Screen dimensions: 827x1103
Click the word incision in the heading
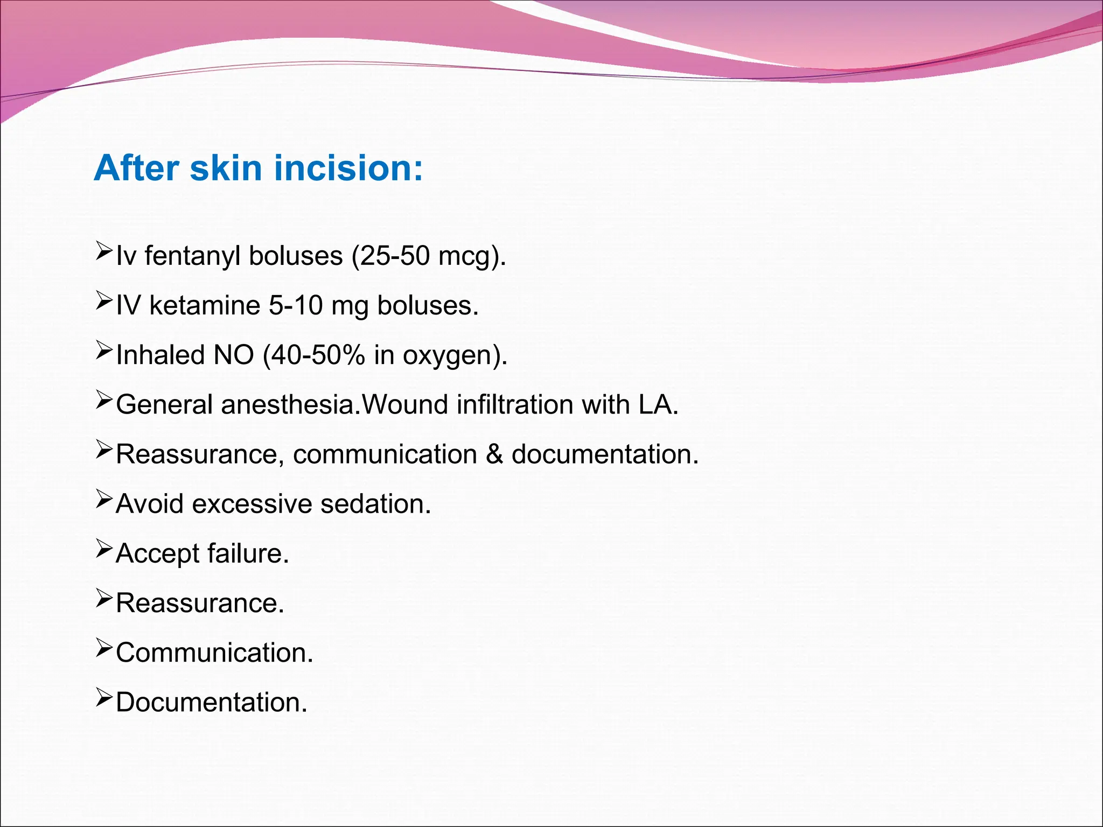point(348,168)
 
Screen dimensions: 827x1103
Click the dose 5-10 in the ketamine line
point(295,305)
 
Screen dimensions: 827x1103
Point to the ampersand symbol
point(494,454)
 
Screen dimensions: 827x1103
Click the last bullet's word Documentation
point(211,702)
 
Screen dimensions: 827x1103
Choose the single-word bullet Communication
point(214,653)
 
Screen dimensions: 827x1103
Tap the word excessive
point(252,504)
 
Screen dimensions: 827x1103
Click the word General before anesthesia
point(164,404)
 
